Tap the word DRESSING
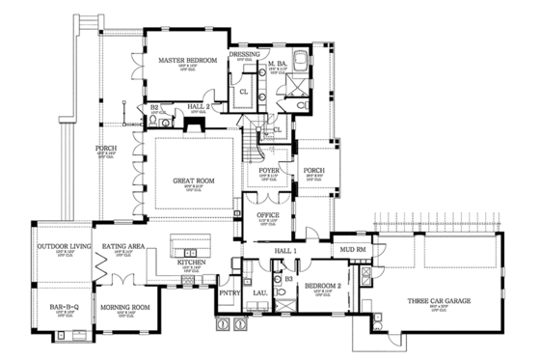click(x=245, y=55)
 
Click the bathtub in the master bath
click(x=301, y=64)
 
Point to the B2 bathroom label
click(x=154, y=107)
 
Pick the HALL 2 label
click(x=199, y=107)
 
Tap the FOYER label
click(x=270, y=170)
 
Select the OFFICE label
click(x=269, y=214)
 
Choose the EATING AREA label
click(x=123, y=247)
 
